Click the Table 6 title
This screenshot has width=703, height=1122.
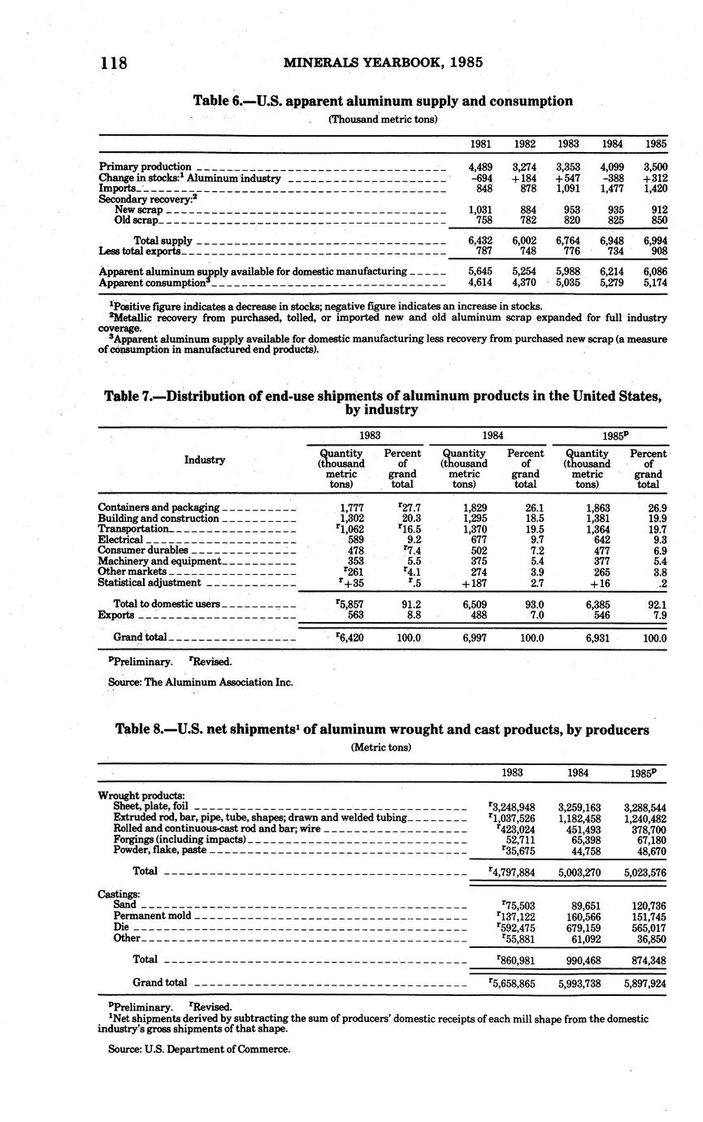pos(383,101)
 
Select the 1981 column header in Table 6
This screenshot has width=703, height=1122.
pos(480,144)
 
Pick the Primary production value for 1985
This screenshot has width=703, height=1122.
pos(655,167)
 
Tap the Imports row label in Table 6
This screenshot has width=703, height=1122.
pos(117,189)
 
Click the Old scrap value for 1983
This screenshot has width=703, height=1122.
pos(568,220)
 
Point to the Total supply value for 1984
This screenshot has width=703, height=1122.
pos(612,241)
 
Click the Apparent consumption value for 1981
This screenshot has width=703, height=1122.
pos(480,282)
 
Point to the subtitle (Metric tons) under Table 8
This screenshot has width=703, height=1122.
pos(382,746)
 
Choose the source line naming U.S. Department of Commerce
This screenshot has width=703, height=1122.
pos(199,1049)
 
